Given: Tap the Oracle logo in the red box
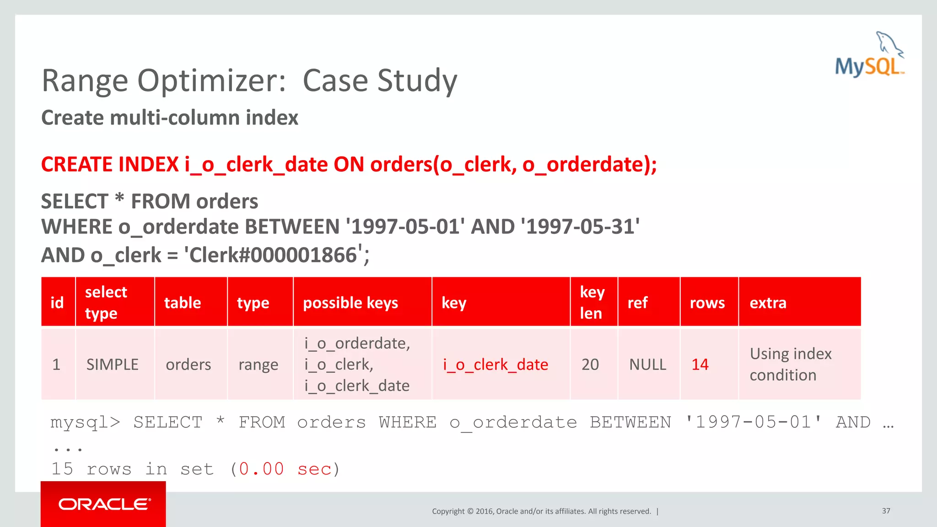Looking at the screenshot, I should (104, 504).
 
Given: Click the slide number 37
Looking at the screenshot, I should (886, 511).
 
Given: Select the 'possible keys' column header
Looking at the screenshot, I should (350, 303).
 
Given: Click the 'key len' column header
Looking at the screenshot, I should (592, 302).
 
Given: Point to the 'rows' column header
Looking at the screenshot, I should (707, 303).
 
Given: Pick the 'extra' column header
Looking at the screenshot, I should (768, 303).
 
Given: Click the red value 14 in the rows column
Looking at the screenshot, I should (700, 365).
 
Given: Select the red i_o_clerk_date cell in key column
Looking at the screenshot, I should (495, 365).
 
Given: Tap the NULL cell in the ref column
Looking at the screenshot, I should (647, 365).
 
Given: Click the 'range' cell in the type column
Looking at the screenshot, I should (258, 365).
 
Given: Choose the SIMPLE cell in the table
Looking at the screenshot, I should (112, 365).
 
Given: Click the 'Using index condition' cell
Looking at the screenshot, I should (790, 364).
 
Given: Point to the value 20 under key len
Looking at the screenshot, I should (590, 365).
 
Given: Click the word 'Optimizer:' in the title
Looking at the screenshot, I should (212, 81).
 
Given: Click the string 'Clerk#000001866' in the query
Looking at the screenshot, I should (273, 255).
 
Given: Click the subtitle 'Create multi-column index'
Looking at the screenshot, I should (170, 118).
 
